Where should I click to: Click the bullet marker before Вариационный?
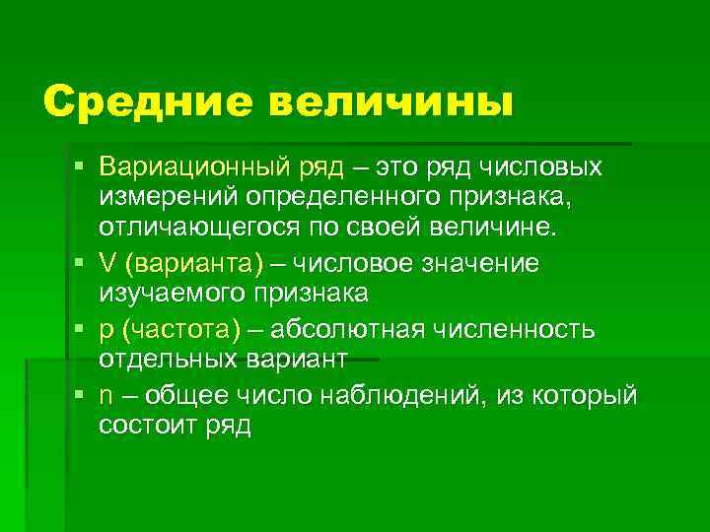(x=78, y=166)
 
